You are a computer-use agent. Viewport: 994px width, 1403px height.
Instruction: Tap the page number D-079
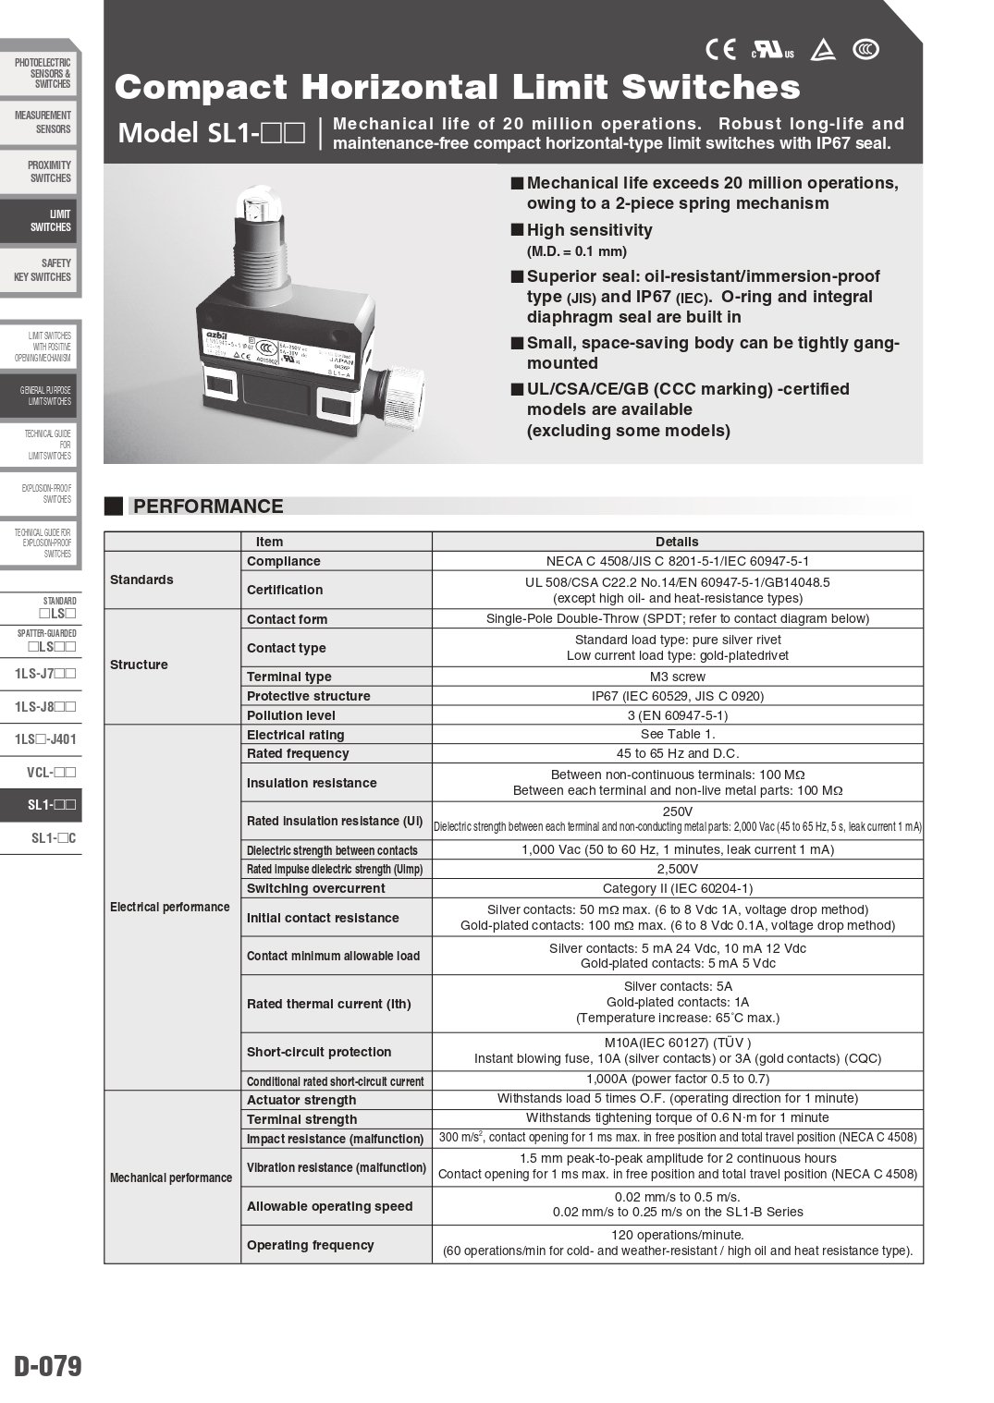point(48,1366)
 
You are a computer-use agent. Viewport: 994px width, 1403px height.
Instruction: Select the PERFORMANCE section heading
point(208,506)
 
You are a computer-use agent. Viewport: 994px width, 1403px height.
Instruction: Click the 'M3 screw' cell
point(677,677)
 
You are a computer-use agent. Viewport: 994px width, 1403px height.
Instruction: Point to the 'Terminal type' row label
point(288,677)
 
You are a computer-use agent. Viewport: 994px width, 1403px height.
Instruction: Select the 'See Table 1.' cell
point(677,735)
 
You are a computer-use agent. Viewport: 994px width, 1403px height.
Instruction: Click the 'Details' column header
point(677,542)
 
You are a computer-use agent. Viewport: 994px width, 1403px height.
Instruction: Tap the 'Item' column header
point(269,542)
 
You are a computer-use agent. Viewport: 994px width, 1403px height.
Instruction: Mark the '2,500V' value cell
point(677,869)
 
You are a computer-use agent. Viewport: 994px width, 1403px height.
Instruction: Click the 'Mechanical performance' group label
point(171,1177)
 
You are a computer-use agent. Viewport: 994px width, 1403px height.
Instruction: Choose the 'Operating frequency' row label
point(310,1245)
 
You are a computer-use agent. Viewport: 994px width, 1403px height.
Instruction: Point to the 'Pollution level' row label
point(290,715)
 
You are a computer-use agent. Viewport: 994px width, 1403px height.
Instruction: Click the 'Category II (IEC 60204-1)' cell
point(677,888)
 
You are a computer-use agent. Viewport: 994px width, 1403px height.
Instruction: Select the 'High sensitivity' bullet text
point(589,230)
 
